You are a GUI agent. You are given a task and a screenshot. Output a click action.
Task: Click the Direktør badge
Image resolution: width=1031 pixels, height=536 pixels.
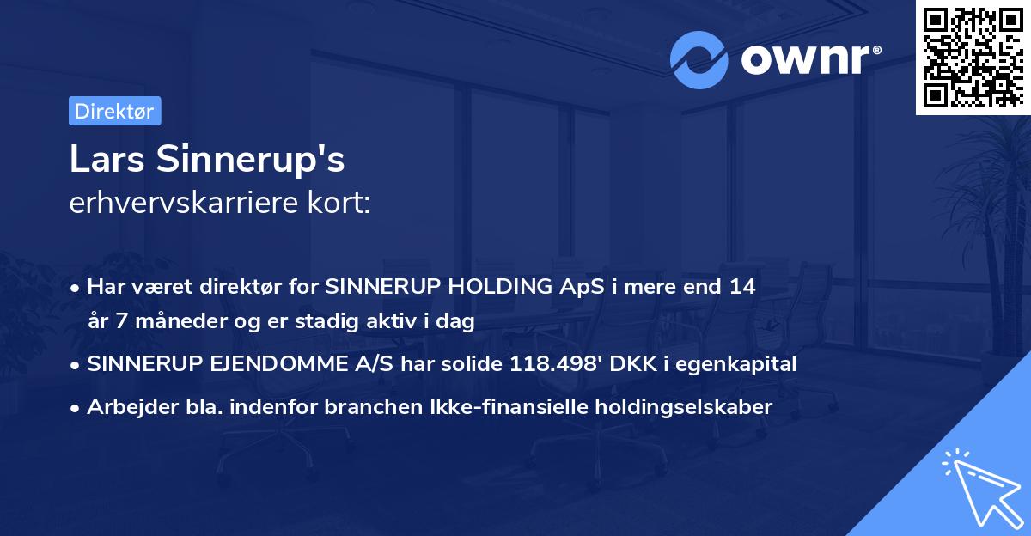coord(113,111)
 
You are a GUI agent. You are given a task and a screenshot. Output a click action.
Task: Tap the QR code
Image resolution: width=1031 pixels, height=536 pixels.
coord(973,58)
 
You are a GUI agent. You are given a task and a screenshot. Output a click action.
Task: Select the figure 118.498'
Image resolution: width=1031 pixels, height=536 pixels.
coord(553,363)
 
